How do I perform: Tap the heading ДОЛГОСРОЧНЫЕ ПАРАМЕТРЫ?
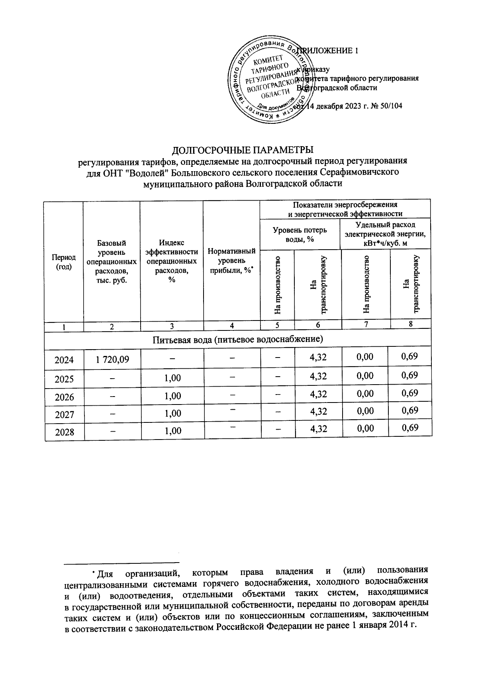[x=243, y=150]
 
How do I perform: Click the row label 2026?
[x=65, y=397]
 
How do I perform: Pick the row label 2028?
[x=65, y=432]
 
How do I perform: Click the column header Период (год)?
[x=64, y=262]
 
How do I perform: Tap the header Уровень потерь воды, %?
[x=300, y=234]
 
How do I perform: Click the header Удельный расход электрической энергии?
[x=385, y=234]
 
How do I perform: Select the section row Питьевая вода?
[x=237, y=339]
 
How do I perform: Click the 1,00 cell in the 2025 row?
[x=172, y=378]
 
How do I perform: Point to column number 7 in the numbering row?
[x=366, y=324]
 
